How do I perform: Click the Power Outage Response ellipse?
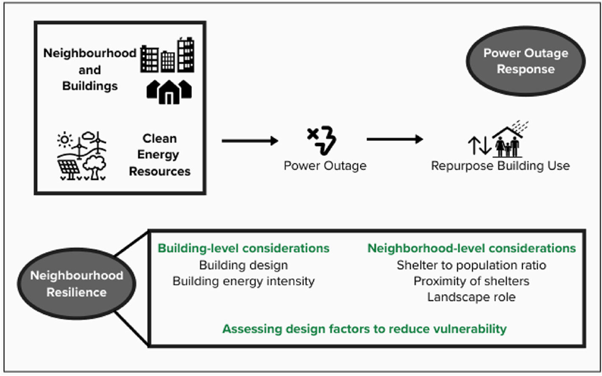525,61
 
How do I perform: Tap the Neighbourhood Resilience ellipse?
76,283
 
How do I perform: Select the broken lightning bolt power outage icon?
322,140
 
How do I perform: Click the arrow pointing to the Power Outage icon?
250,140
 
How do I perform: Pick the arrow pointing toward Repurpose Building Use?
395,139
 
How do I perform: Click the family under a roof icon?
508,142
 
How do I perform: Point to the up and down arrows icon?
479,146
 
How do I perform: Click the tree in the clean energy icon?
94,166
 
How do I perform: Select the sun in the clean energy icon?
65,139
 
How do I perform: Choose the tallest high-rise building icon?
186,55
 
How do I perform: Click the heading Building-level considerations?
243,248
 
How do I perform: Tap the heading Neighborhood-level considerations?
471,248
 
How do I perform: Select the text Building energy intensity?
243,281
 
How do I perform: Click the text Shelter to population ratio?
471,265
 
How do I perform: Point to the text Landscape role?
471,297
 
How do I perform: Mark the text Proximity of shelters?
471,281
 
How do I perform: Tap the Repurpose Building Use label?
500,166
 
